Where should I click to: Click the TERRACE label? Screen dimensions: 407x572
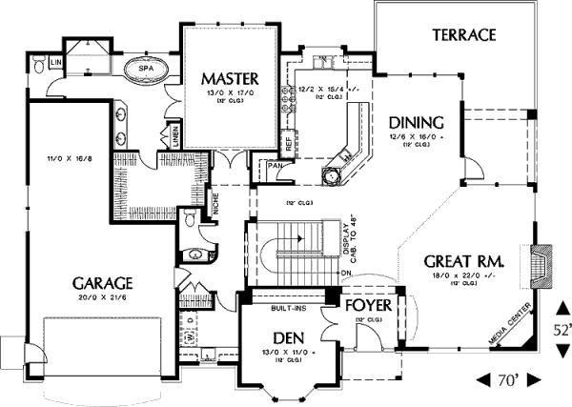[465, 36]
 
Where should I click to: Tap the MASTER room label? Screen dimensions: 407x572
[225, 75]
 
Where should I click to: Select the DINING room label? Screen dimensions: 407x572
[417, 122]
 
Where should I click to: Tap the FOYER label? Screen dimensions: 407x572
[367, 305]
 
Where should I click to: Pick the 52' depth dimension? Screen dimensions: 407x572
[562, 330]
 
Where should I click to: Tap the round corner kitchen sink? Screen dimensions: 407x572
[333, 175]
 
